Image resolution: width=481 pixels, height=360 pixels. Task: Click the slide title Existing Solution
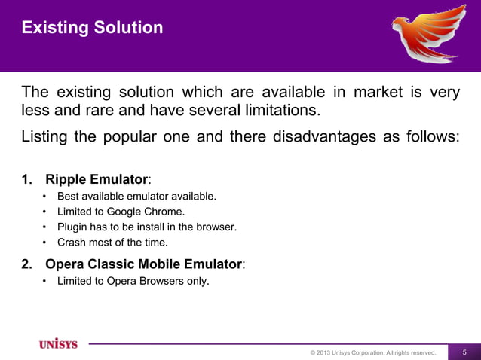[x=92, y=28]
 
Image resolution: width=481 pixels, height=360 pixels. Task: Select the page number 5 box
[x=464, y=352]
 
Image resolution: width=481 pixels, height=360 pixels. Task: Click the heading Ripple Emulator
[x=96, y=179]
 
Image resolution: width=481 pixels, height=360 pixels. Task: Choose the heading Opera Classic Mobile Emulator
[x=144, y=264]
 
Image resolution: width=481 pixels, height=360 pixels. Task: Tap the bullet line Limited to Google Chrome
[x=121, y=212]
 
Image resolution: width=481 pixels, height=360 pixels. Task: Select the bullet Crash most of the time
[x=112, y=243]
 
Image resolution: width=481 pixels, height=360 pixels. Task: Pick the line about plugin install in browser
[x=147, y=227]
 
